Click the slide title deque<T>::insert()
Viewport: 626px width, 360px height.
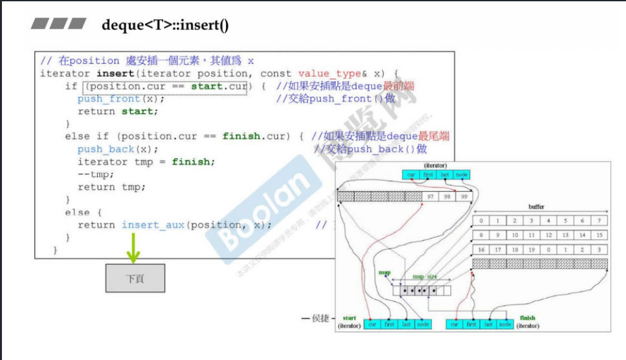[165, 25]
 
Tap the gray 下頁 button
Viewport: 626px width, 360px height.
[135, 278]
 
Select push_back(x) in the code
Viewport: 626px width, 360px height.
[118, 149]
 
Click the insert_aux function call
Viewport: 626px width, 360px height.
[153, 225]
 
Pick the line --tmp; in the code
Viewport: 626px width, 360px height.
[96, 174]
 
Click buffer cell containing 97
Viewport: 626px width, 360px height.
[430, 196]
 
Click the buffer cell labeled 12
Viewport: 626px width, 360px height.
[548, 235]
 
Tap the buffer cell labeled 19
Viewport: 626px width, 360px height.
[531, 249]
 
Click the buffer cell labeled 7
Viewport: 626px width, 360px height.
[599, 221]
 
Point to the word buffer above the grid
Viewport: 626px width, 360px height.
[536, 207]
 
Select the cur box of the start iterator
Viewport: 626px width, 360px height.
[372, 324]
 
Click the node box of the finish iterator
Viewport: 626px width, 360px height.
[505, 324]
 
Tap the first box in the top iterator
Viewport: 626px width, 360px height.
[428, 175]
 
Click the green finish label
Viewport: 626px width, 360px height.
[527, 318]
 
